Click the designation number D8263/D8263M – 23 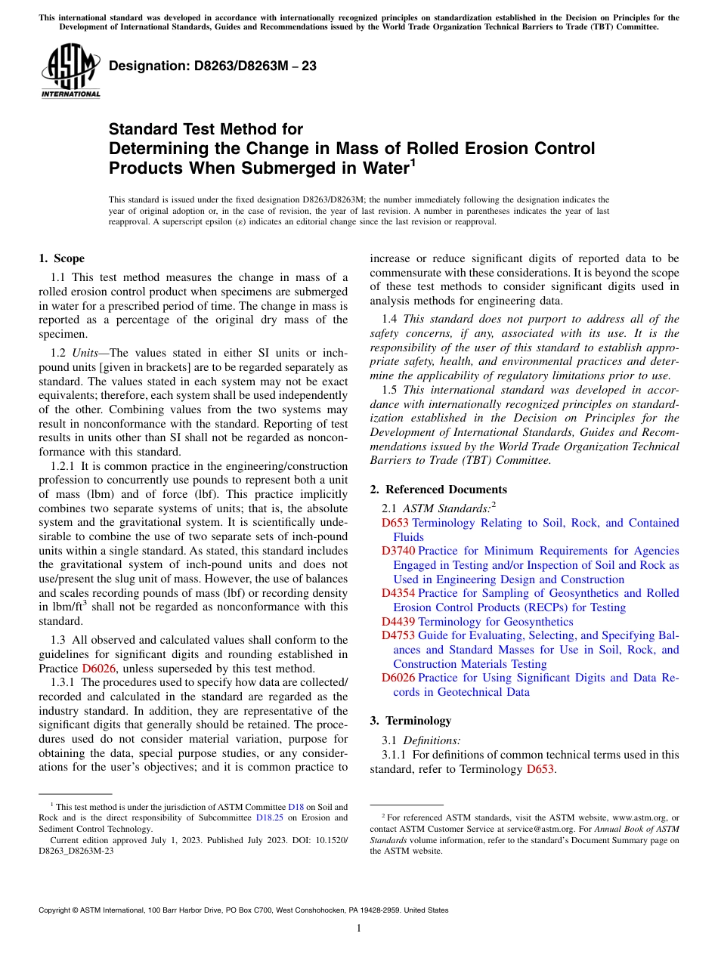pos(212,66)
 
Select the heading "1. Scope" pos(61,258)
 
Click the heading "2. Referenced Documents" pos(438,490)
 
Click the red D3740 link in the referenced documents pos(398,552)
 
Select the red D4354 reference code pos(398,594)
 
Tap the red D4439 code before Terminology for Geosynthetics pos(398,622)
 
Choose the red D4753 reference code pos(398,636)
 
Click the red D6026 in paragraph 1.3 pos(99,669)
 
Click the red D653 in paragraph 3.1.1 pos(540,769)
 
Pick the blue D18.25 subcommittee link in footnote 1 pos(268,818)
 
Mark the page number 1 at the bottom pos(359,929)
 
